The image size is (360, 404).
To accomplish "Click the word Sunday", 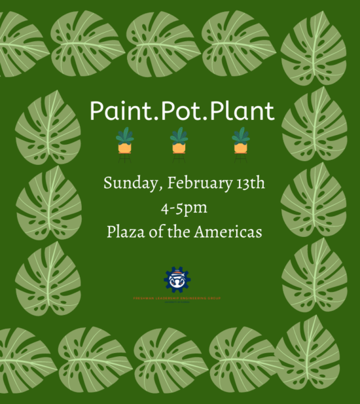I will [128, 184].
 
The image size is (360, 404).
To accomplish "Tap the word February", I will [191, 184].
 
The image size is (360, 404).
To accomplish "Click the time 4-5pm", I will [184, 208].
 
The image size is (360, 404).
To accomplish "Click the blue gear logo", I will [177, 280].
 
